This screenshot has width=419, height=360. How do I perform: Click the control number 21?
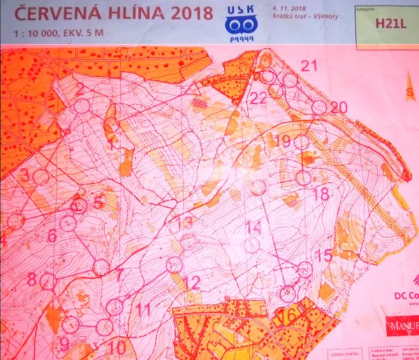point(309,66)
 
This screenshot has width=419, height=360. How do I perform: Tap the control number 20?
point(339,107)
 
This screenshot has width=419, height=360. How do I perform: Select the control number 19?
point(283,141)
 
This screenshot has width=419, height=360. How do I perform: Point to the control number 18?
point(321,194)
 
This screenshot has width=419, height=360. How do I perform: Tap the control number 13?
point(184,223)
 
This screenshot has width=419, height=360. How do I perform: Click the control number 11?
point(143,308)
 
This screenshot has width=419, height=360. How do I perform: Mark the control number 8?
point(31,279)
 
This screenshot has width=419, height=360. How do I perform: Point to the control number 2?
point(79,89)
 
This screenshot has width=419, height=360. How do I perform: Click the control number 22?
point(258,98)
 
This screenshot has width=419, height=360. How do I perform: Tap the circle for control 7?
point(101,267)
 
